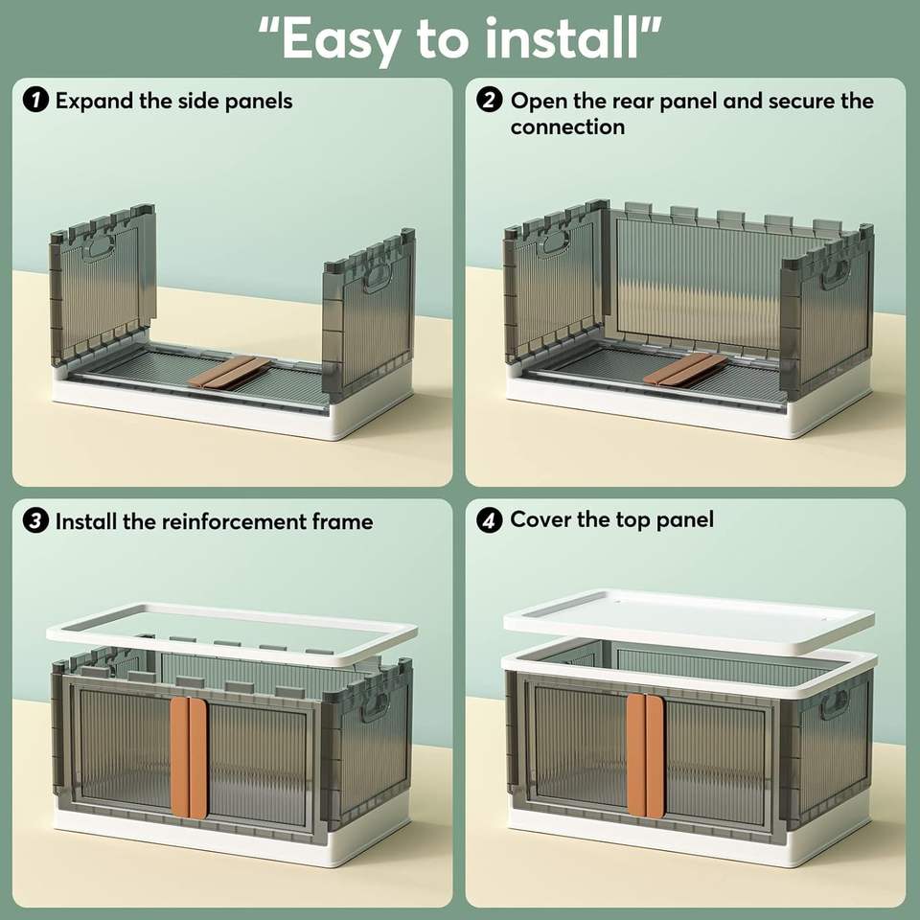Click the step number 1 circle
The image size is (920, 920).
pyautogui.click(x=35, y=101)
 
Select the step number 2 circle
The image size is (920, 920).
pyautogui.click(x=490, y=101)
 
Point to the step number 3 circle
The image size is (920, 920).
pyautogui.click(x=35, y=521)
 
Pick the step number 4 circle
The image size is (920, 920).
pyautogui.click(x=490, y=520)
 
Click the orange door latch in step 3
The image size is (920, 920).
pyautogui.click(x=189, y=757)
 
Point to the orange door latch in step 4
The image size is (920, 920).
pyautogui.click(x=645, y=755)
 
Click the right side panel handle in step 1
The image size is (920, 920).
pyautogui.click(x=377, y=277)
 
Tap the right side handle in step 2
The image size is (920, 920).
pyautogui.click(x=835, y=273)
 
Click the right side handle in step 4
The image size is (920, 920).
pyautogui.click(x=834, y=703)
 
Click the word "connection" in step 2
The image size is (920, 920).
pyautogui.click(x=567, y=126)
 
